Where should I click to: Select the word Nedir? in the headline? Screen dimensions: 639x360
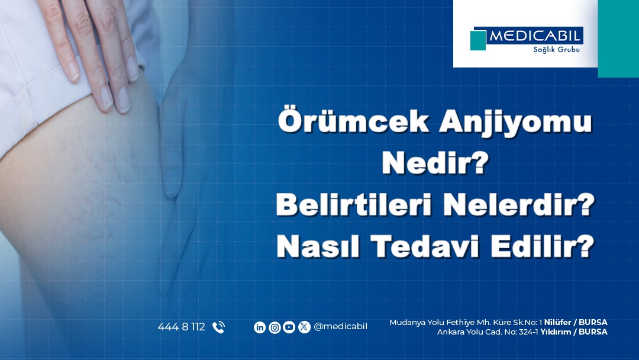(435, 163)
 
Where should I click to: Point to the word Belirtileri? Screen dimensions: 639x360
(354, 204)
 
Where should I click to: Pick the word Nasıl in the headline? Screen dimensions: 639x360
(318, 246)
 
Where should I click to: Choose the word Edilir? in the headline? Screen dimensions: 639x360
(543, 246)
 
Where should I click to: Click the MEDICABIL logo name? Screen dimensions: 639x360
(534, 36)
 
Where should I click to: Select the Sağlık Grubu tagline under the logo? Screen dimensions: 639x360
(556, 50)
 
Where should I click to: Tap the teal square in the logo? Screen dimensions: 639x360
(477, 40)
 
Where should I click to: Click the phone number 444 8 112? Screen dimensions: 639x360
(182, 327)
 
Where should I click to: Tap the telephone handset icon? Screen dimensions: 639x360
(218, 327)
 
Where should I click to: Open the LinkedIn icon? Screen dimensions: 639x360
(260, 327)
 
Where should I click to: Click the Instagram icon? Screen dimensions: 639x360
(275, 327)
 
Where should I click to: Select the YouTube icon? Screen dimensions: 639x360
(289, 327)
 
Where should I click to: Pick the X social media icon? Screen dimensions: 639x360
(304, 327)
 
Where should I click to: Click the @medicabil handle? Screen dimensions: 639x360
(340, 327)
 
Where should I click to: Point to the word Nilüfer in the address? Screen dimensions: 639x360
(557, 323)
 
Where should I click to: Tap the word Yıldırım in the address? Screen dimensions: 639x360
(556, 332)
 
